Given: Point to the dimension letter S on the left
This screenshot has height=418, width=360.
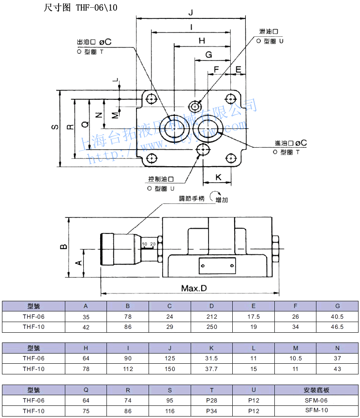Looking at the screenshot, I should (55, 127).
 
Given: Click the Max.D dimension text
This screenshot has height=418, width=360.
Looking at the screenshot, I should (194, 288).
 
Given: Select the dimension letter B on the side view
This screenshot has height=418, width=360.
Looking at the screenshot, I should (63, 247).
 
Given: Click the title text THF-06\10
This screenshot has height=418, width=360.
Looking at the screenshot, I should (96, 7).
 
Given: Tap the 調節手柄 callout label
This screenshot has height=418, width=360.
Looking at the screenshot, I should (192, 199).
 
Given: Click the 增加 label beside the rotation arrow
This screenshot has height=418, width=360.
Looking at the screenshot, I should (222, 200).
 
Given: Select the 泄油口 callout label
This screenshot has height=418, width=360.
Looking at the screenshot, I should (269, 31).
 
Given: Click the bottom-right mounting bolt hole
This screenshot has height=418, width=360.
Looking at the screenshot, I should (231, 157).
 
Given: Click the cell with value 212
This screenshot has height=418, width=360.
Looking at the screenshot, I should (211, 316).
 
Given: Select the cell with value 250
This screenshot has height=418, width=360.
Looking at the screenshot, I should (211, 327).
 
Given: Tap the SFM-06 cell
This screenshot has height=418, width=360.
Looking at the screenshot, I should (316, 400).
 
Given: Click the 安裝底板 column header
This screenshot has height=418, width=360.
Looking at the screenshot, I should (316, 390).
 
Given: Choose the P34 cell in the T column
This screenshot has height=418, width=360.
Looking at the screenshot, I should (211, 410).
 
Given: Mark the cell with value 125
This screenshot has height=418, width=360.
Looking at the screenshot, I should (170, 358).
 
